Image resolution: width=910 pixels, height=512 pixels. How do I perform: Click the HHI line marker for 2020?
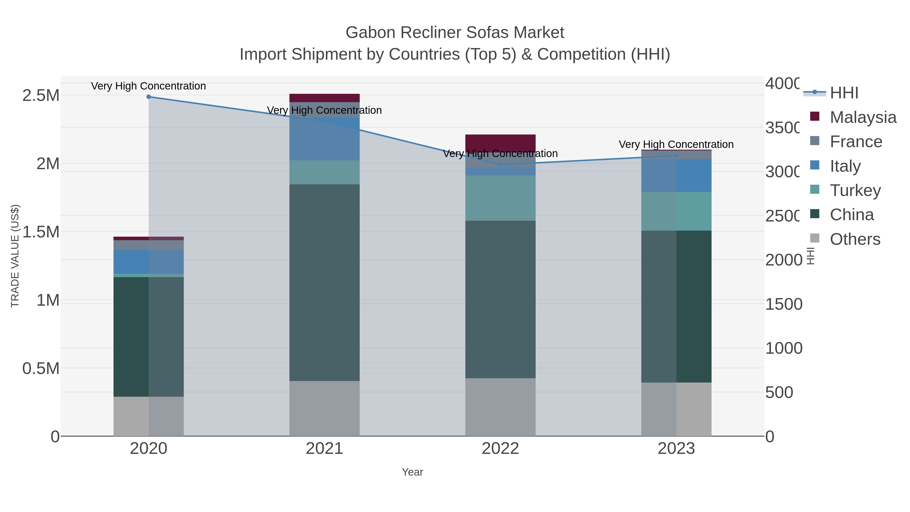point(148,97)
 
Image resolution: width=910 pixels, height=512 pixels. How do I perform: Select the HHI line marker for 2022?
point(500,165)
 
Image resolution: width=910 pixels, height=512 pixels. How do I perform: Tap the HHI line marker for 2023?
point(676,155)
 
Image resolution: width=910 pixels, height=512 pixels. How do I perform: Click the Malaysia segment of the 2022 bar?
point(500,142)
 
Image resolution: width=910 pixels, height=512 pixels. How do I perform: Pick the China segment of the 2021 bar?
point(324,283)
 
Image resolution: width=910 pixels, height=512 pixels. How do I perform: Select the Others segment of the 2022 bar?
point(500,407)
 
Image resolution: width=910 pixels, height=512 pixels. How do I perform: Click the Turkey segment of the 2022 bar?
point(500,198)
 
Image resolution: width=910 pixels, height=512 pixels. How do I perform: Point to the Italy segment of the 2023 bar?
point(676,176)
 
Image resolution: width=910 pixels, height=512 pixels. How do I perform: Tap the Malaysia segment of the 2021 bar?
point(324,98)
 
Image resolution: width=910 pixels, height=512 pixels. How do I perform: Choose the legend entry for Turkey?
point(855,190)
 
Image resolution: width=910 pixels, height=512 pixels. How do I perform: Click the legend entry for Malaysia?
point(863,117)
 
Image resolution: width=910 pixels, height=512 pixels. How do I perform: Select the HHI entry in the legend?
point(844,93)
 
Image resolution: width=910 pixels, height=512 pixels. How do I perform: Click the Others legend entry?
point(855,239)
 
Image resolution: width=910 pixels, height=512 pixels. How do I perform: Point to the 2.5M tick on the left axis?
point(41,95)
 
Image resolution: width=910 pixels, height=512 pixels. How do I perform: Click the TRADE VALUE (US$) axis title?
point(15,256)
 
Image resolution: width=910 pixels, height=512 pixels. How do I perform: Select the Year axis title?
point(412,472)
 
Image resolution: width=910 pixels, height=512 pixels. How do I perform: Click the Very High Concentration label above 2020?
point(148,86)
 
